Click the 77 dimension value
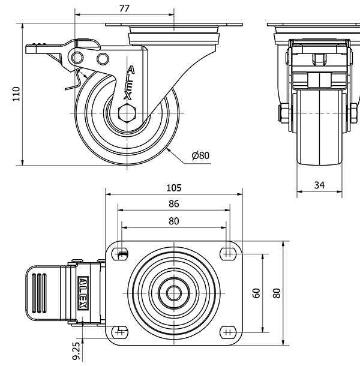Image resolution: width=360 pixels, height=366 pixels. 124,8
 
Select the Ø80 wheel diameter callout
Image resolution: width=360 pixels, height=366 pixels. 200,155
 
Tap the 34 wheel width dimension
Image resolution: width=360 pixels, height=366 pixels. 320,185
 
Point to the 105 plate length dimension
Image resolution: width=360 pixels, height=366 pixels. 173,188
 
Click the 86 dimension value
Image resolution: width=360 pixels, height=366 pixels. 173,204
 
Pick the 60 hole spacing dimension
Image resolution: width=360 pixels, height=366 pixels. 257,292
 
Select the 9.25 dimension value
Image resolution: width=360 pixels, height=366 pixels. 76,350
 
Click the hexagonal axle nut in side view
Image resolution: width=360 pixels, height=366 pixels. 128,113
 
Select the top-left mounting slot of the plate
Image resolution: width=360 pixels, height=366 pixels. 121,253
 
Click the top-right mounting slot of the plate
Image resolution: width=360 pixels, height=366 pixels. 227,253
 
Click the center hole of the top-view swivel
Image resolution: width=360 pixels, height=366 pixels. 174,293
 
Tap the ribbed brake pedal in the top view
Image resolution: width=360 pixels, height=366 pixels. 40,293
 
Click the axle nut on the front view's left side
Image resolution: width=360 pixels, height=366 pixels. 281,113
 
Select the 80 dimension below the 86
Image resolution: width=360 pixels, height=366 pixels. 173,220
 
